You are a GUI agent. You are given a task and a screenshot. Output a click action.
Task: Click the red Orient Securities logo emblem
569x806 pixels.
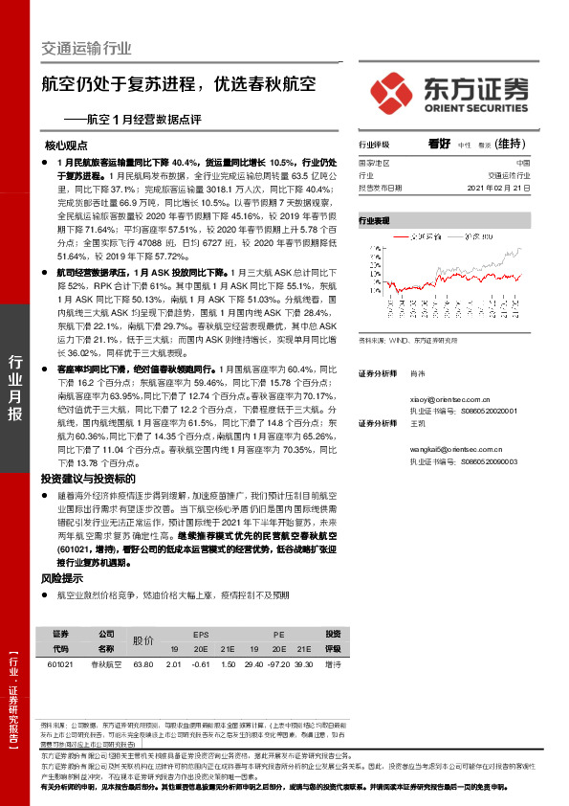(394, 93)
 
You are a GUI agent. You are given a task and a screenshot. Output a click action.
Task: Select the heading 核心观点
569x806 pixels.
(66, 146)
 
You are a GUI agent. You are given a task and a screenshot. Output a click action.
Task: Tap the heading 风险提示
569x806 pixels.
(61, 578)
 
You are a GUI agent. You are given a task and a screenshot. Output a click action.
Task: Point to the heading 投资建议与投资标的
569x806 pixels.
(87, 478)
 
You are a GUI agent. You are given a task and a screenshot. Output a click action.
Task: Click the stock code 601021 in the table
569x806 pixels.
(59, 663)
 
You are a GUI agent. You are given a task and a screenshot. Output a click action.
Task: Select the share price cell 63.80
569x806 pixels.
(143, 663)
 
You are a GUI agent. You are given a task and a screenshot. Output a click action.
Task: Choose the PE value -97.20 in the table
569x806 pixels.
(280, 663)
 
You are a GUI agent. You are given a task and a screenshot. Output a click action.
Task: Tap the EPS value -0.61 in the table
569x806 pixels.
(201, 663)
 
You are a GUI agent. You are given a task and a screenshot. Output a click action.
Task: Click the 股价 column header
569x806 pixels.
(143, 640)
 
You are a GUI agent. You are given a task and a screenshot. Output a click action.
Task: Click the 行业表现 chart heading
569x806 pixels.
(375, 220)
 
